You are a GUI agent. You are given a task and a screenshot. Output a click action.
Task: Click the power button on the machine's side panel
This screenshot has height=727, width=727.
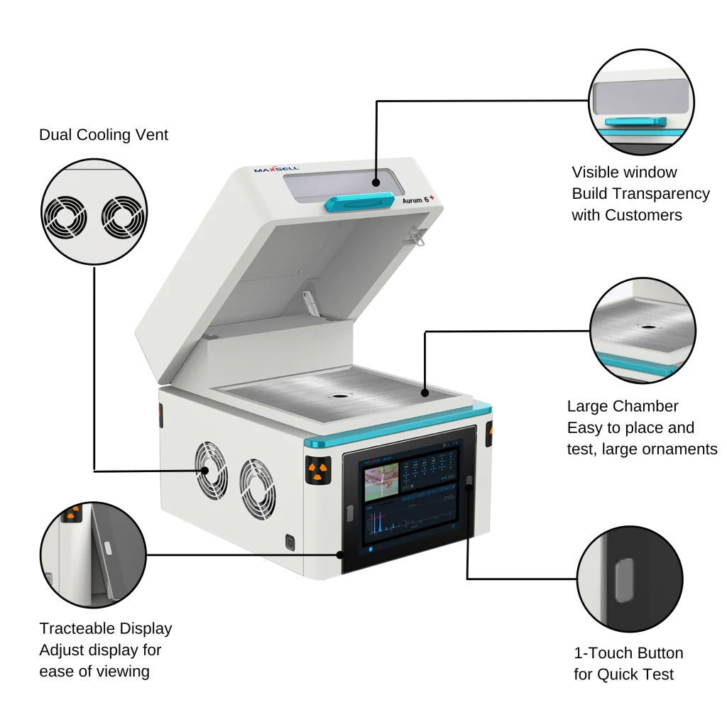[x=290, y=542]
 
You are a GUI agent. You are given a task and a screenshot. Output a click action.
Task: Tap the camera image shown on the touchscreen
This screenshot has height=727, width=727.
[x=382, y=481]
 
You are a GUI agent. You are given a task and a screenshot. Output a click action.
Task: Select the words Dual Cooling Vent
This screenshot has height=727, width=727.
[x=104, y=135]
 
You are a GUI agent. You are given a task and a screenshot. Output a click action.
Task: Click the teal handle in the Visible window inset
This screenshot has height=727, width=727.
[x=635, y=122]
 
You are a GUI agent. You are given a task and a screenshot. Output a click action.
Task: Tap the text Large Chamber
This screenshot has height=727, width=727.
[x=623, y=406]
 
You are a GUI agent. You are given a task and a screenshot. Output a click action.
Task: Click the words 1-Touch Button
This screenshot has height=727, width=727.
[x=628, y=653]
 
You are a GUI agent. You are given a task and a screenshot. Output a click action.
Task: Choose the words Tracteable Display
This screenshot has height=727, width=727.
[x=106, y=628]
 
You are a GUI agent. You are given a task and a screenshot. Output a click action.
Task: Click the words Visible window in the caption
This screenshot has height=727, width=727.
[x=624, y=172]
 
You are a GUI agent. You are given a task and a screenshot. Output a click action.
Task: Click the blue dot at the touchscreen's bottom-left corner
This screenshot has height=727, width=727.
[x=368, y=549]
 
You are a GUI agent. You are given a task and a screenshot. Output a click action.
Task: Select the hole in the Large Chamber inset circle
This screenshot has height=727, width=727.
[x=648, y=328]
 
